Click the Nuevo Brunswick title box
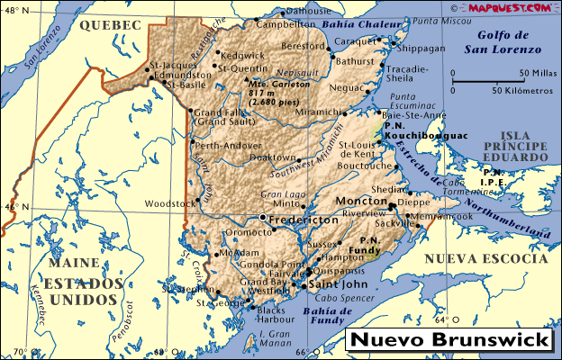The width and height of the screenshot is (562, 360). (x=449, y=341)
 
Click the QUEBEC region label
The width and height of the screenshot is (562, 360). (x=111, y=26)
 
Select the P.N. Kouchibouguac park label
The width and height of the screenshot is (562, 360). (x=410, y=130)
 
